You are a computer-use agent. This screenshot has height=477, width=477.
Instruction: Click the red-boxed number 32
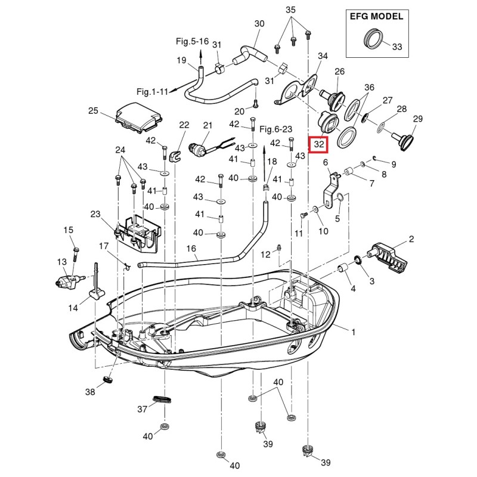click(319, 144)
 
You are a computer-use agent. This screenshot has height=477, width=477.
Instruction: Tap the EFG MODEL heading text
click(376, 16)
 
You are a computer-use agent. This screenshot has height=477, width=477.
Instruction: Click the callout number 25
click(93, 110)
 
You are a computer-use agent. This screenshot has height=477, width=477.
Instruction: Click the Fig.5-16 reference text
click(192, 41)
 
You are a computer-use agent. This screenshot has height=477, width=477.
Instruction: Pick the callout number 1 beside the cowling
click(353, 332)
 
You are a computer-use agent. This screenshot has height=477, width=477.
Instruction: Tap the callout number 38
click(90, 392)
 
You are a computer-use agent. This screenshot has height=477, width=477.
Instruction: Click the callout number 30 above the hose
click(259, 24)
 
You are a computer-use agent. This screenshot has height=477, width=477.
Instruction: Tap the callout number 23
click(95, 214)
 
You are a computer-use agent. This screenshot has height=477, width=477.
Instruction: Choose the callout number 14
click(73, 308)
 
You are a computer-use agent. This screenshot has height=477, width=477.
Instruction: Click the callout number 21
click(207, 125)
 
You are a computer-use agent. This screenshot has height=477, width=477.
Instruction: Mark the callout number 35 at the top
click(290, 10)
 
